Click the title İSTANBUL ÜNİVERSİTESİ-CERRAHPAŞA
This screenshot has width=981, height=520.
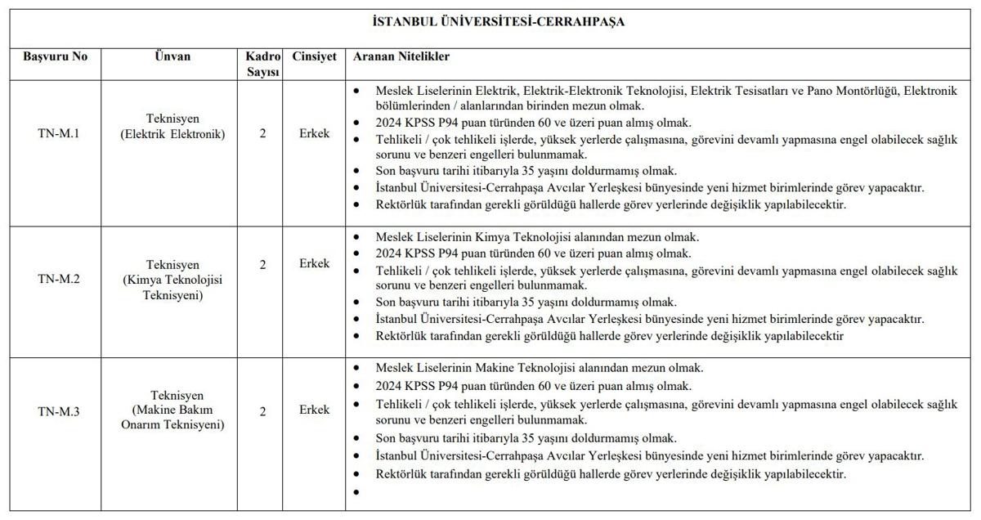[x=498, y=22]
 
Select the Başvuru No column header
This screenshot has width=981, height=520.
[x=55, y=57]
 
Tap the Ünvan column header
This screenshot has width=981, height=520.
[x=172, y=57]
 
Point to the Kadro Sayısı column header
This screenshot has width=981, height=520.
[x=263, y=65]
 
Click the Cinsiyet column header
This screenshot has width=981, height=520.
[x=314, y=57]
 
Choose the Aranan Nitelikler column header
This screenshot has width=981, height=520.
[x=401, y=57]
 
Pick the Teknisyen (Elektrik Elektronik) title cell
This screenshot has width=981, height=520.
[x=172, y=126]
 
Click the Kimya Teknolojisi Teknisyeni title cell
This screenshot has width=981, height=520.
[x=172, y=280]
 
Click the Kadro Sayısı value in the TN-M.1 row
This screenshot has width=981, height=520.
[x=262, y=133]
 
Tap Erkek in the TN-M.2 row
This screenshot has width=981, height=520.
[x=314, y=264]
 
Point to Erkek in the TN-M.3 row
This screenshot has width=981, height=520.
[x=314, y=410]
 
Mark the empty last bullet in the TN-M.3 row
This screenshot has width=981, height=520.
[x=356, y=492]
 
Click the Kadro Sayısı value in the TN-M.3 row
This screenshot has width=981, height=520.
[x=262, y=411]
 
